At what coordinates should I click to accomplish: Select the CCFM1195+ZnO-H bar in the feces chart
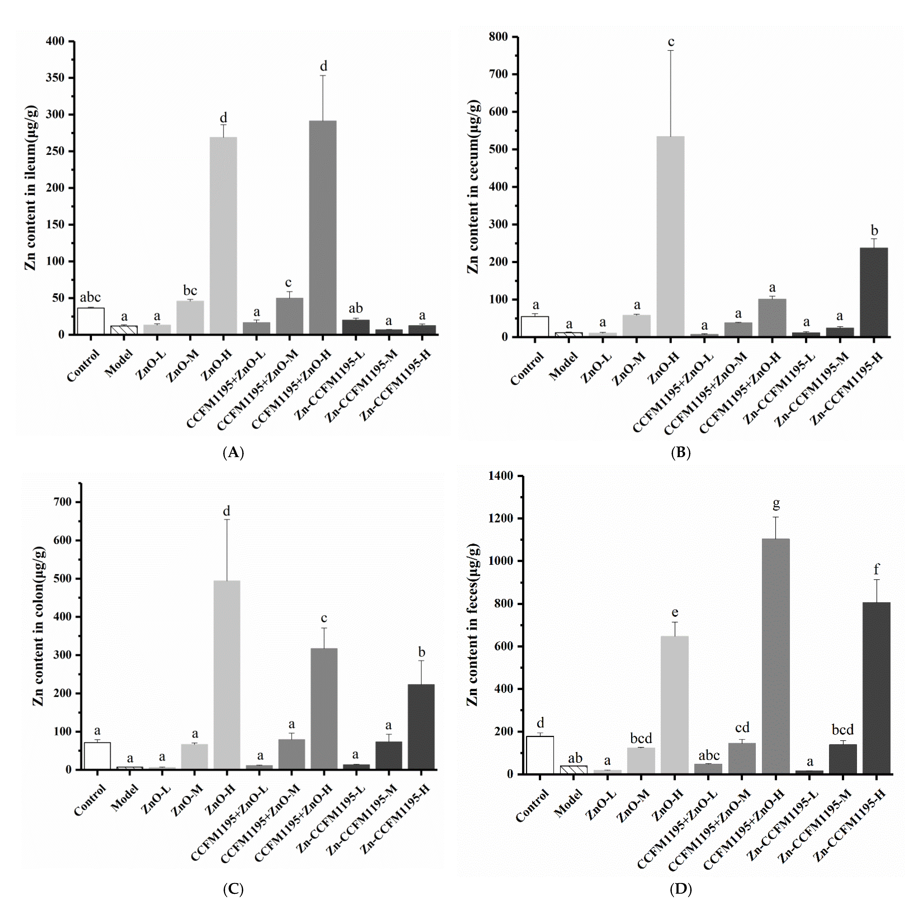(776, 656)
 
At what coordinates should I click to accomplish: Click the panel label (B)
(680, 453)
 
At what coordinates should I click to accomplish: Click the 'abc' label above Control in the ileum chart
(90, 297)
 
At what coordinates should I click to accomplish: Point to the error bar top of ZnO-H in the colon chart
(227, 519)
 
